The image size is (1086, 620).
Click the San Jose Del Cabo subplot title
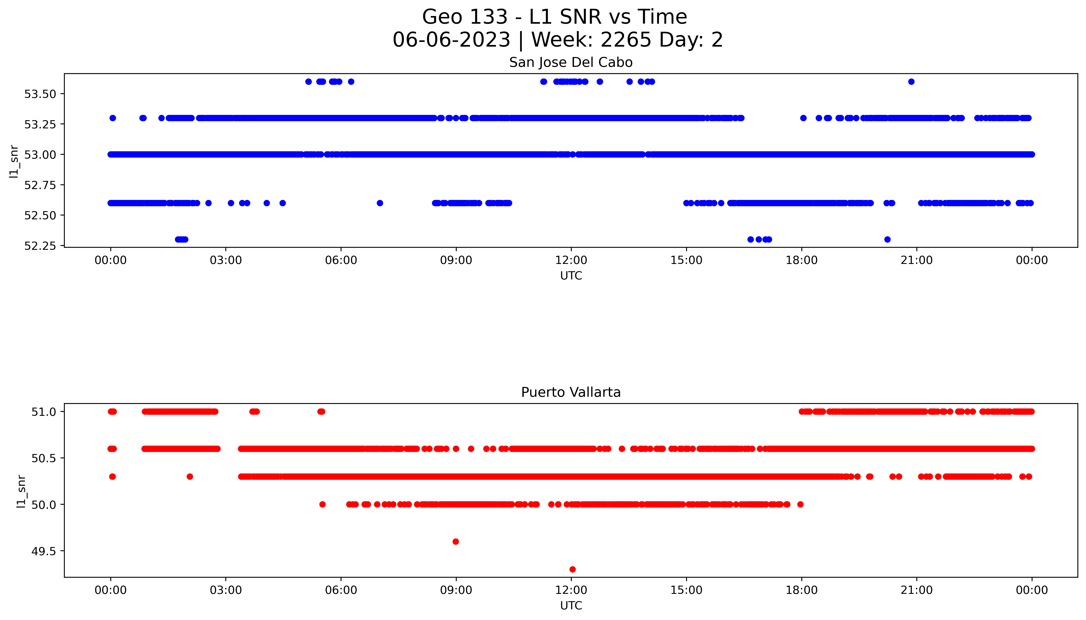(x=571, y=63)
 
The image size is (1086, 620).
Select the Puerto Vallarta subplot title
(x=571, y=392)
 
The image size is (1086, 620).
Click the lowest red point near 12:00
(x=572, y=569)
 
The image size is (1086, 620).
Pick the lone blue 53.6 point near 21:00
(x=911, y=82)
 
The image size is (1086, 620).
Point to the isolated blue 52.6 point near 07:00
(x=380, y=203)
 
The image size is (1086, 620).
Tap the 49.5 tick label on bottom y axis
(x=44, y=552)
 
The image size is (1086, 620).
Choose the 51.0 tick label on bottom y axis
(x=44, y=412)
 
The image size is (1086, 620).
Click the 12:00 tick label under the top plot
(x=571, y=260)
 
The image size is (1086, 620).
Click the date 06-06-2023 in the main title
(x=451, y=40)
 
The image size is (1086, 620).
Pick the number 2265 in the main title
(x=626, y=40)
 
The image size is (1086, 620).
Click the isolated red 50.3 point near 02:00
(x=190, y=476)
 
